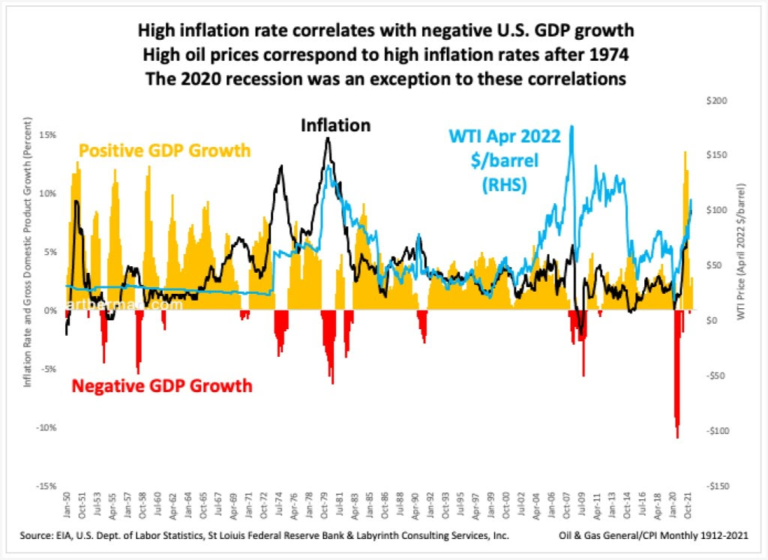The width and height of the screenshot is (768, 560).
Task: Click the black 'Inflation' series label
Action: pos(335,125)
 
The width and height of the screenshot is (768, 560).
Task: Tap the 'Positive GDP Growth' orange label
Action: pos(165,151)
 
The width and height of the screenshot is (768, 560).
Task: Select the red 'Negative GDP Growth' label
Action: pos(161,387)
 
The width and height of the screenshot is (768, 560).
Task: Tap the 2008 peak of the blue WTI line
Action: pos(571,126)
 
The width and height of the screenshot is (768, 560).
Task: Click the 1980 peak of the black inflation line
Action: pos(328,138)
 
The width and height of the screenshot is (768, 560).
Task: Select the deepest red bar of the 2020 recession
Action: pos(677,437)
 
